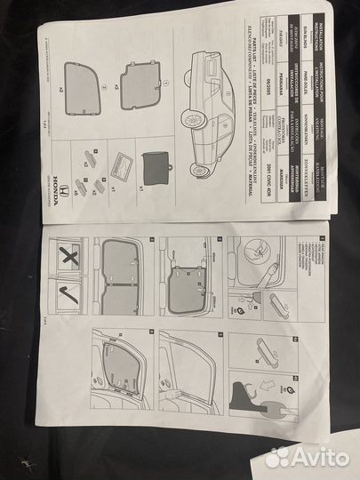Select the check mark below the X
[65, 293]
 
